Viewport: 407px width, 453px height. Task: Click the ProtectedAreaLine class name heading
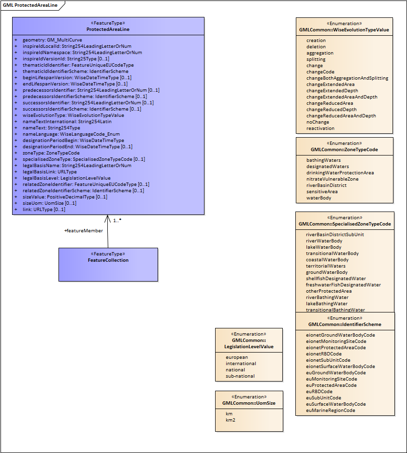pos(108,29)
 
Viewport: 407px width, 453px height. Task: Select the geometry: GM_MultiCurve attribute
pos(52,40)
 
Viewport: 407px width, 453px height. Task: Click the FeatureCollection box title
pos(108,260)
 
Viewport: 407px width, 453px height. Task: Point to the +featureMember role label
pos(84,231)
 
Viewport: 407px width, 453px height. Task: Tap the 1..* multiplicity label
pos(117,221)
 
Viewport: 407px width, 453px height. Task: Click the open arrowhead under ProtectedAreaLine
pos(108,219)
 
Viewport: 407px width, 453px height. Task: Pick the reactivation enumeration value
pos(320,128)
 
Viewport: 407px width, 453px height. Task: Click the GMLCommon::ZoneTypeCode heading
pos(344,150)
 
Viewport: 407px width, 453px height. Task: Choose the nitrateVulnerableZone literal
pos(333,179)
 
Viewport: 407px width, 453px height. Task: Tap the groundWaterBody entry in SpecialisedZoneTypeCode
pos(327,272)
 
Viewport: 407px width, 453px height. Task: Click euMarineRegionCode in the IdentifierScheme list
pos(331,411)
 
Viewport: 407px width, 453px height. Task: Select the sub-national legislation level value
pos(240,376)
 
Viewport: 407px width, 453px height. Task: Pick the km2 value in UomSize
pos(231,420)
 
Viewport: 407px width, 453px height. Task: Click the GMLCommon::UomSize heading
pos(249,403)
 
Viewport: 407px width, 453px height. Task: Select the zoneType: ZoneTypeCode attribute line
pos(51,153)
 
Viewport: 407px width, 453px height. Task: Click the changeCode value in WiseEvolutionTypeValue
pos(320,72)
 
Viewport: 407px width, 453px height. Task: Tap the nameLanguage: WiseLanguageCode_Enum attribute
pos(71,134)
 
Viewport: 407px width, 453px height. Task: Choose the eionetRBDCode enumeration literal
pos(324,354)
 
